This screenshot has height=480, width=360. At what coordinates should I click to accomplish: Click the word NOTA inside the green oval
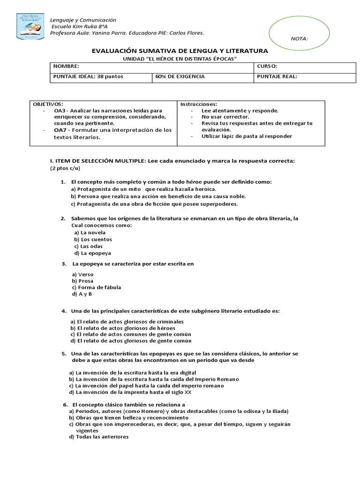pos(299,39)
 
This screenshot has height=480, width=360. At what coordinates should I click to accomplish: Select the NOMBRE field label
pos(63,67)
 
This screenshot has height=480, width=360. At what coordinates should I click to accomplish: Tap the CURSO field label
pos(267,67)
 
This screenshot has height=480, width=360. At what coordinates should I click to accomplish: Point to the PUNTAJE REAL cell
pos(277,77)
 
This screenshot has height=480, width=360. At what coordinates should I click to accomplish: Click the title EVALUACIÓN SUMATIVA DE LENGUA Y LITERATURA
pos(179,51)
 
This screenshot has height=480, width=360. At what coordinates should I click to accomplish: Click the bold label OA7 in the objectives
pos(60,130)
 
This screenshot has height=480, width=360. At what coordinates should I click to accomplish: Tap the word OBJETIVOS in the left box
pos(47,104)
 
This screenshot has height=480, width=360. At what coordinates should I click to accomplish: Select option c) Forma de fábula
pos(93,287)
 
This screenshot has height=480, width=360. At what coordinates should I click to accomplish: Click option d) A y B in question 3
pos(82,294)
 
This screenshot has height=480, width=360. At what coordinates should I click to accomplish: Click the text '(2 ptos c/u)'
pos(65,168)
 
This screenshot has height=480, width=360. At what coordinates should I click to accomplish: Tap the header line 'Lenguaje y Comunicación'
pos(83,20)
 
